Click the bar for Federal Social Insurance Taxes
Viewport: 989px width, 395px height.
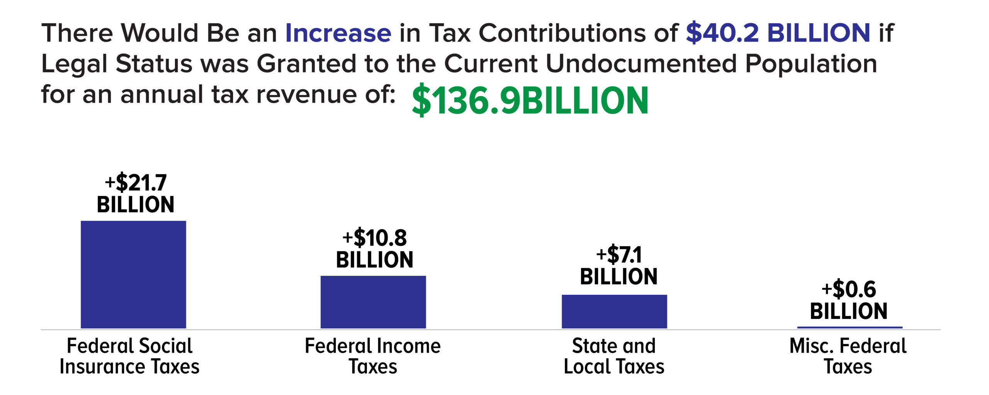[x=133, y=274]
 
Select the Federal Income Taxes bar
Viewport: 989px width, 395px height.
[x=373, y=302]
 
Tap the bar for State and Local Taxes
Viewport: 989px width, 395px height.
[x=614, y=311]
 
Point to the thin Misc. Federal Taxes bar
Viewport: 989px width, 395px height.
[x=850, y=327]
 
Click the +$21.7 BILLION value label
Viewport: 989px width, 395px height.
[x=136, y=193]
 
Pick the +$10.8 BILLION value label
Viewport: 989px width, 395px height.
[x=374, y=248]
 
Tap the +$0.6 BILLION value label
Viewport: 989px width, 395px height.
[x=848, y=300]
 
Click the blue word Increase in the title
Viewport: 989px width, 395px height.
[x=338, y=33]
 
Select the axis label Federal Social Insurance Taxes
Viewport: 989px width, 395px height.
[x=129, y=356]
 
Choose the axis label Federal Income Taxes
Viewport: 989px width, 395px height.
[x=373, y=356]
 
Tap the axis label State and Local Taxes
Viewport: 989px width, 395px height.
[x=614, y=356]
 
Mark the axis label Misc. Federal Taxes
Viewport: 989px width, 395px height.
[x=848, y=356]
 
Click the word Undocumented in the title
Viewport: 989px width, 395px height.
[x=641, y=64]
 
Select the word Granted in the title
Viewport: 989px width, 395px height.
[x=306, y=64]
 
